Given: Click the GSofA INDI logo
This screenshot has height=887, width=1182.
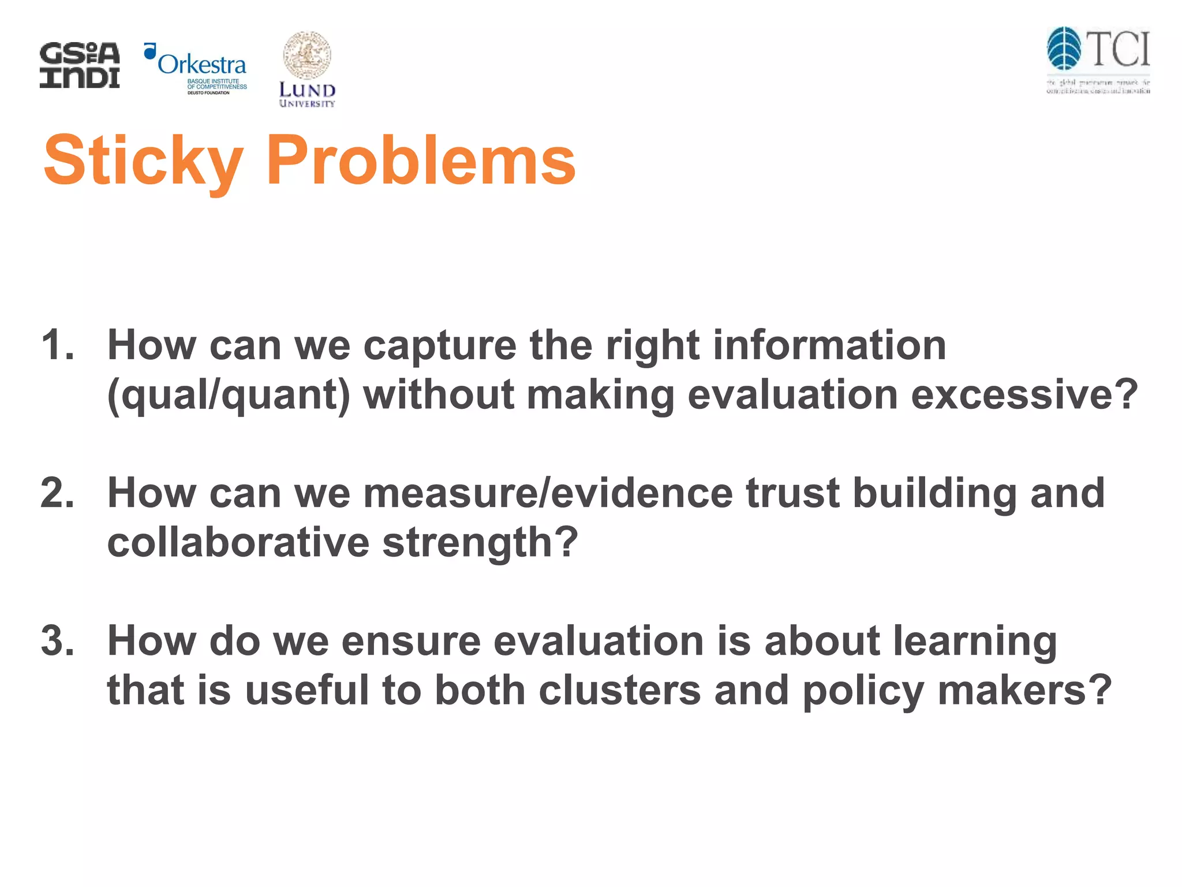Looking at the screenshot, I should (x=80, y=65).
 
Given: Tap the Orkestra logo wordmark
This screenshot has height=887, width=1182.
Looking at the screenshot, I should (x=201, y=64).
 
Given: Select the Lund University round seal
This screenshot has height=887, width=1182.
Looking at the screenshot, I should (x=307, y=55).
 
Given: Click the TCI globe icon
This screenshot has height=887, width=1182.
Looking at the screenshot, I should (x=1064, y=49).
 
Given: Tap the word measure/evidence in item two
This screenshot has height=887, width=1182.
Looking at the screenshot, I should (x=548, y=493).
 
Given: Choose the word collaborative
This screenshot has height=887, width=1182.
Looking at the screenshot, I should (x=238, y=542).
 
